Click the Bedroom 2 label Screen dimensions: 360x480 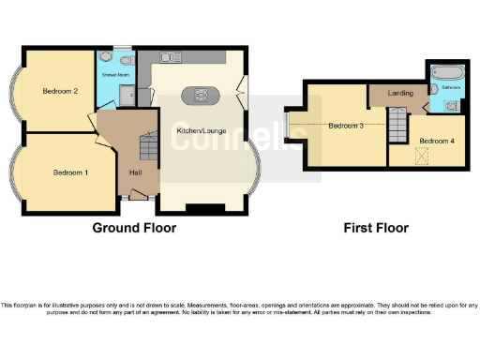point(58,92)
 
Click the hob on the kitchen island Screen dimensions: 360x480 point(201,94)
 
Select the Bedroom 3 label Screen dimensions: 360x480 point(345,125)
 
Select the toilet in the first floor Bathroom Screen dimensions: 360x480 point(454,106)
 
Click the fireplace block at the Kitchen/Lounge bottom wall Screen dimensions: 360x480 point(205,207)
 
